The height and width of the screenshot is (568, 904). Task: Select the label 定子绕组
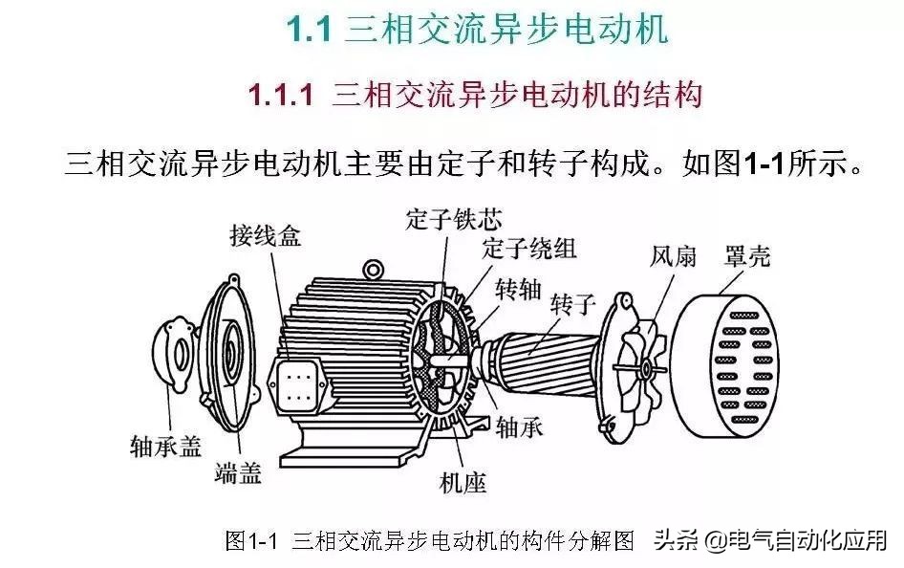click(x=529, y=249)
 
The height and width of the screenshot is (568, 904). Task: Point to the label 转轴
click(x=519, y=289)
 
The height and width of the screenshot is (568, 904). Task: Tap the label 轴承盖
click(x=165, y=446)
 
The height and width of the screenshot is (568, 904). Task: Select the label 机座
click(x=463, y=482)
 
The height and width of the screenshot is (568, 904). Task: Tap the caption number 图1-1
click(x=250, y=540)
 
